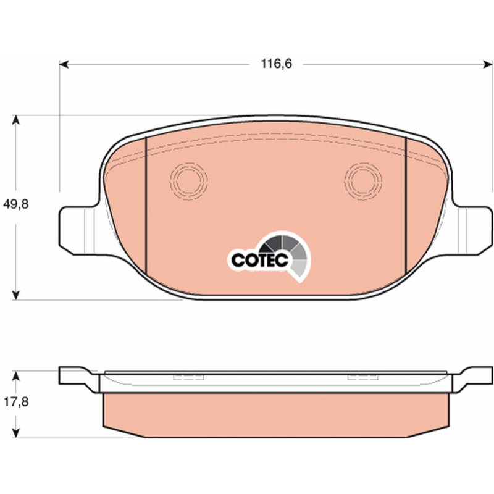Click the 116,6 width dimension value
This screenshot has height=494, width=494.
(x=276, y=64)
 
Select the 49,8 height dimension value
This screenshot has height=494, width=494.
(x=16, y=204)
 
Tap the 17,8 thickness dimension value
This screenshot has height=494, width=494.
(x=16, y=402)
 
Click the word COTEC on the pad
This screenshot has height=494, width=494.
(x=260, y=260)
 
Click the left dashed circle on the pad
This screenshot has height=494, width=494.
(x=188, y=181)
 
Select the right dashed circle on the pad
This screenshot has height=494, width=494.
(x=363, y=181)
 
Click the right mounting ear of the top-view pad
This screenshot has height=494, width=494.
(x=472, y=230)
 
